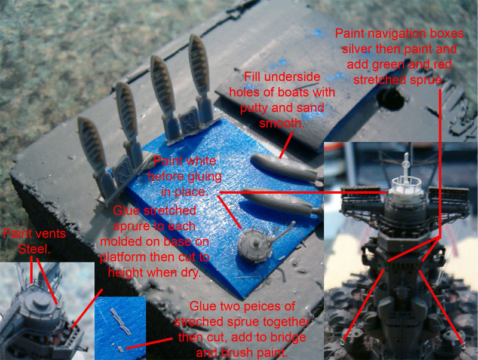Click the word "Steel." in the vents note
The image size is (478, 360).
point(34,249)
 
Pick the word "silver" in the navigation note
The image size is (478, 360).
point(356,49)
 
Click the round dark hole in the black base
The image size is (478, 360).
point(391,99)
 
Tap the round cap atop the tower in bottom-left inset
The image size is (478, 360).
point(40,301)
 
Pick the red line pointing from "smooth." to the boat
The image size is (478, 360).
point(286,145)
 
